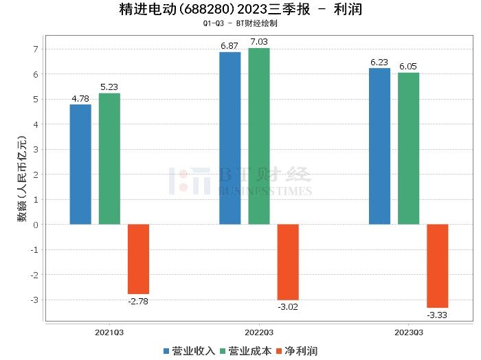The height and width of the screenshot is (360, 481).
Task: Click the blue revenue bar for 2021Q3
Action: click(80, 164)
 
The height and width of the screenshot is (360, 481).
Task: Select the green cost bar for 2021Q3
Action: click(109, 159)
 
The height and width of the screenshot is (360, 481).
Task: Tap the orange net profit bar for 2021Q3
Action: click(138, 259)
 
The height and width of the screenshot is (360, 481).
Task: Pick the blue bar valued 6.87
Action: click(230, 138)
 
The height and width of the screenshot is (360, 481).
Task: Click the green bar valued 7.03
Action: click(259, 136)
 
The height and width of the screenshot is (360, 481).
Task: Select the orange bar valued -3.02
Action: click(288, 262)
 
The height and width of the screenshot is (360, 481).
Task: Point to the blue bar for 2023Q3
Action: click(379, 146)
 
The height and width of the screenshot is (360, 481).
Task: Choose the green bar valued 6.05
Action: click(408, 148)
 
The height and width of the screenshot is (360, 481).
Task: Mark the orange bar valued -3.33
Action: click(437, 266)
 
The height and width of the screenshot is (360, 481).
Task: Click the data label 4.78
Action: click(80, 99)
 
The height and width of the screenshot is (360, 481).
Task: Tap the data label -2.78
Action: click(138, 300)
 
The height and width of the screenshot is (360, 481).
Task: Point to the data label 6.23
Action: click(379, 63)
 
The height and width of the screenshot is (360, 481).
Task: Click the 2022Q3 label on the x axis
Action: click(259, 332)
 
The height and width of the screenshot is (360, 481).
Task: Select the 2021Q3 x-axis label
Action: click(109, 332)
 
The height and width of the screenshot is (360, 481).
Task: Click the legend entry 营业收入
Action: click(189, 351)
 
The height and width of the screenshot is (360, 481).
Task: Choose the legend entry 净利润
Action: click(296, 351)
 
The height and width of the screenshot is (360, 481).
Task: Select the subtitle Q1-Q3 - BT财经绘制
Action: click(240, 23)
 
